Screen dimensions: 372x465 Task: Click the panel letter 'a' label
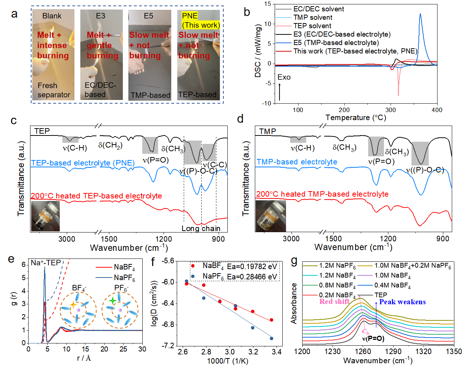14,14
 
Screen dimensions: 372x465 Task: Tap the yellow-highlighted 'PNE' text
190,16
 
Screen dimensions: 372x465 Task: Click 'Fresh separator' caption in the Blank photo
54,90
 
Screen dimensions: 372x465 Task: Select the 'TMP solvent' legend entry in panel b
313,17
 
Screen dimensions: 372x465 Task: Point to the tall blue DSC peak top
420,14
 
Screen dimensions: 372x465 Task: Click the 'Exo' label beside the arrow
284,77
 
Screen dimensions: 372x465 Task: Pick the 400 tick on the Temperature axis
437,110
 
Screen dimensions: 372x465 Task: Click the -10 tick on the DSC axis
267,103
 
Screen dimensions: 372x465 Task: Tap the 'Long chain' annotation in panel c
201,228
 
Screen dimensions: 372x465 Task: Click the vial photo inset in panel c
45,216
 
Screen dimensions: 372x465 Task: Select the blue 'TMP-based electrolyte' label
297,162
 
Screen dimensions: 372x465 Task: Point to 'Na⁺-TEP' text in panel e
46,263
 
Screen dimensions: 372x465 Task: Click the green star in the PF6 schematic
113,301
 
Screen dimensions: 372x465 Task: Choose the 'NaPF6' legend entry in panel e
124,278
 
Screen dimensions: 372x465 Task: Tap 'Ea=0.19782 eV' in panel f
252,267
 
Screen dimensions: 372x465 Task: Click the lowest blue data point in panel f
271,338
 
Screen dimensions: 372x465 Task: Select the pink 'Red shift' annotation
334,301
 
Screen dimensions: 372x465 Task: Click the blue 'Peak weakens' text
402,302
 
